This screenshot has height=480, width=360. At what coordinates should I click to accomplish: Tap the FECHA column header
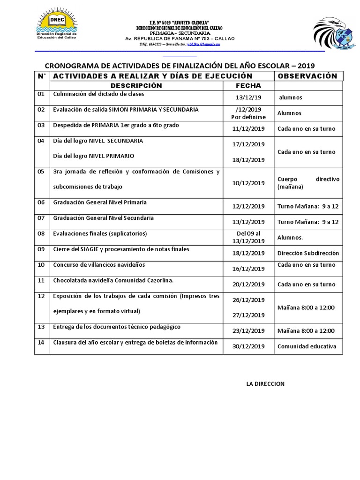[248, 85]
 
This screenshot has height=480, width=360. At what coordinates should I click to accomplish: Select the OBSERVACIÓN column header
[307, 76]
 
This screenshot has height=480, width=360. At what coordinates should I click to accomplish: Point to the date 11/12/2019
[248, 128]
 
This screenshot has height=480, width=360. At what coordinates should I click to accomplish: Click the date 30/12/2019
[248, 346]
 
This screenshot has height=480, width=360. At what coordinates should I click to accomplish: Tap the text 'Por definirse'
[248, 117]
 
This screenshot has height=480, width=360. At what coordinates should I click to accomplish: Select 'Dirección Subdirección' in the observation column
[307, 253]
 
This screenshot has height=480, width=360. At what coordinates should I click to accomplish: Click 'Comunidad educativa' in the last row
[307, 346]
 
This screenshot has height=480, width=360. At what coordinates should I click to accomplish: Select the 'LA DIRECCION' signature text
[265, 384]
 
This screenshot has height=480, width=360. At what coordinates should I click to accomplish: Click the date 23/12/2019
[248, 331]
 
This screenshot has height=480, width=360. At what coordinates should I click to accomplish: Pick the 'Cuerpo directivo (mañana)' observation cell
[307, 183]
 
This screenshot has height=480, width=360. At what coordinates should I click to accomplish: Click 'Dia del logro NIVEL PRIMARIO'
[94, 156]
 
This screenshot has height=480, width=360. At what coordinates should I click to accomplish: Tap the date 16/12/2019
[248, 269]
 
